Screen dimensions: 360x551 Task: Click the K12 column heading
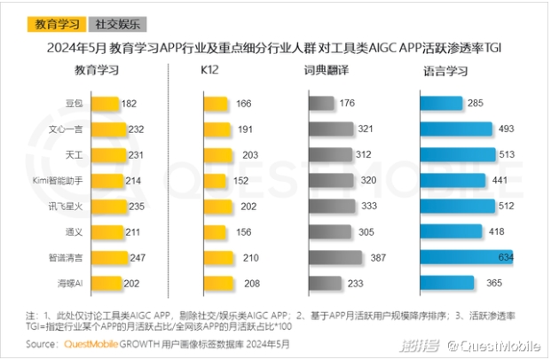coord(209,69)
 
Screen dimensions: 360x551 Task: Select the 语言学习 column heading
coord(441,69)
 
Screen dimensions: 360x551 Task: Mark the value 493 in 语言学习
coord(507,130)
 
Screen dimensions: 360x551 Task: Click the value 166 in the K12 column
coord(245,105)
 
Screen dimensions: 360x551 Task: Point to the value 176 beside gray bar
coord(347,105)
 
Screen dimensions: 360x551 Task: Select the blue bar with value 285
coord(441,105)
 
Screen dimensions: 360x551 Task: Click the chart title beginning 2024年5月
coord(274,48)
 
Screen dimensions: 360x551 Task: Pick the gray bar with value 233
coord(326,284)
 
